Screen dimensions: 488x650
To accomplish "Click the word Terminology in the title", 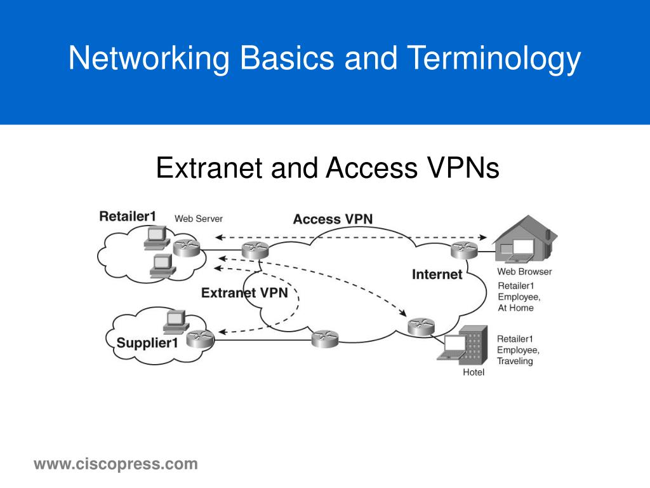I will pyautogui.click(x=493, y=59).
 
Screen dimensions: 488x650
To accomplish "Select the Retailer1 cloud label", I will pyautogui.click(x=127, y=217).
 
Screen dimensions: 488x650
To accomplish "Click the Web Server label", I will pyautogui.click(x=199, y=219).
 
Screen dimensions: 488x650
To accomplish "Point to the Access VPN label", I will pyautogui.click(x=333, y=219).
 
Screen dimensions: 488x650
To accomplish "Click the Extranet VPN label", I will pyautogui.click(x=244, y=293).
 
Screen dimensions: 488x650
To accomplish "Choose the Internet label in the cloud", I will pyautogui.click(x=437, y=274).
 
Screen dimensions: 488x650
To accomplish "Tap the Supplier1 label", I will pyautogui.click(x=147, y=344).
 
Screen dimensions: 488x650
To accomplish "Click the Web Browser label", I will pyautogui.click(x=524, y=272).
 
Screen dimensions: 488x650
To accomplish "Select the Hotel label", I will pyautogui.click(x=474, y=372).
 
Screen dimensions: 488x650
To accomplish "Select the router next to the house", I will pyautogui.click(x=463, y=251).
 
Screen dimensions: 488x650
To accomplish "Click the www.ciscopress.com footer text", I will pyautogui.click(x=116, y=464).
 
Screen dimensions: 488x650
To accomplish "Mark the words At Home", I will pyautogui.click(x=515, y=308).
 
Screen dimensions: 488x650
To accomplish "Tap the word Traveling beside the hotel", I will pyautogui.click(x=515, y=361).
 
